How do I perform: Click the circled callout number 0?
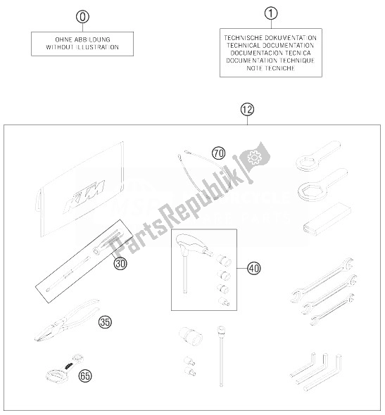(82, 17)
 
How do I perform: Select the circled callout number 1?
(271, 13)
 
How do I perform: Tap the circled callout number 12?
(247, 110)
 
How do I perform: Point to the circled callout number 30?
(120, 264)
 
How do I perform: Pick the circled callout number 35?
(105, 322)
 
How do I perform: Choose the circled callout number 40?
(254, 269)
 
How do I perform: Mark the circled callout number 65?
(85, 376)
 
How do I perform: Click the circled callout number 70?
(219, 153)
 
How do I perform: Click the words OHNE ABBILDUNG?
(82, 39)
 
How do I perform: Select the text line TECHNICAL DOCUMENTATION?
(270, 46)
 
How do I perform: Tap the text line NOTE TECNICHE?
(270, 68)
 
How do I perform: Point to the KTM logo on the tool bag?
(84, 193)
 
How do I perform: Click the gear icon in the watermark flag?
(255, 158)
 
